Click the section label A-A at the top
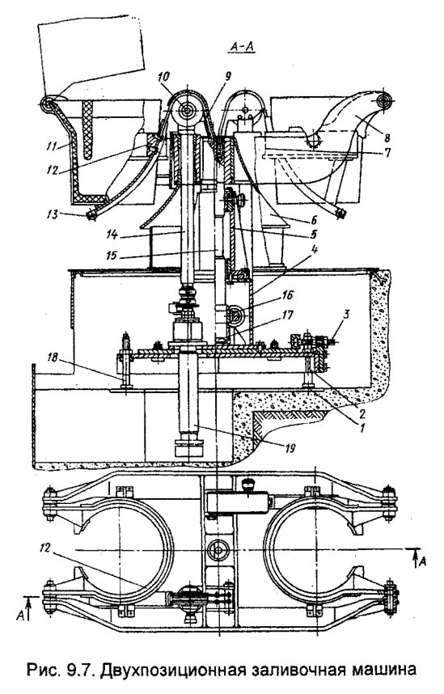[x=241, y=46]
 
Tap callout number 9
[x=227, y=76]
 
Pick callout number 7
[x=387, y=153]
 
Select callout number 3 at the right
[x=347, y=315]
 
